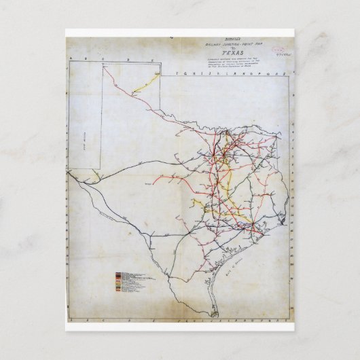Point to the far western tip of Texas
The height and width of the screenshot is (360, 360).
click(x=69, y=173)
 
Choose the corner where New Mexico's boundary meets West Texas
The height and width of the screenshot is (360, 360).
click(x=101, y=167)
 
